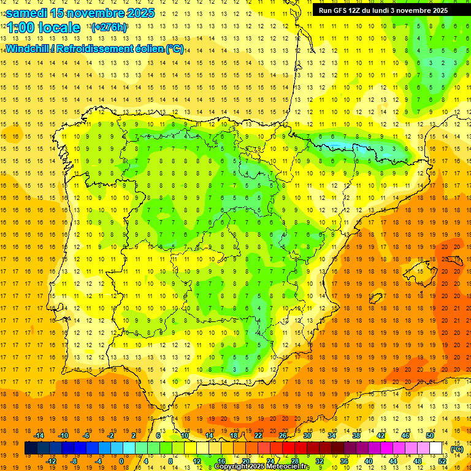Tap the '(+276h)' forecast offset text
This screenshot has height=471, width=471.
[109, 28]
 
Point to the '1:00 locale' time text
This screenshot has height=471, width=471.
[43, 28]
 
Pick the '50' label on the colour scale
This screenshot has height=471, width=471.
[430, 435]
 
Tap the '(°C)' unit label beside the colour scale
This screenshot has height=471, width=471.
[457, 449]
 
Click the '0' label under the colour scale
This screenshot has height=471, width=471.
[121, 461]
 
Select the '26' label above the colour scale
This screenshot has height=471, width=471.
[283, 435]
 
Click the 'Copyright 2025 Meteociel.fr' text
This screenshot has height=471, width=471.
[262, 467]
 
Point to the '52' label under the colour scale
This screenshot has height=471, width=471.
[442, 461]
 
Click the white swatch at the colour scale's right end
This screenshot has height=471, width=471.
[436, 448]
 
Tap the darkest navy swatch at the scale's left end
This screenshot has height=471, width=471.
[31, 448]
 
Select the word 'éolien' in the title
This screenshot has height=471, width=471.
[148, 48]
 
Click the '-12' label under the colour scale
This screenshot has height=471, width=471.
[51, 461]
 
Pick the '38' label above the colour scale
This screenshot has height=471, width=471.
[356, 435]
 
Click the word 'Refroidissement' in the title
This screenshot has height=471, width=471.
[98, 48]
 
